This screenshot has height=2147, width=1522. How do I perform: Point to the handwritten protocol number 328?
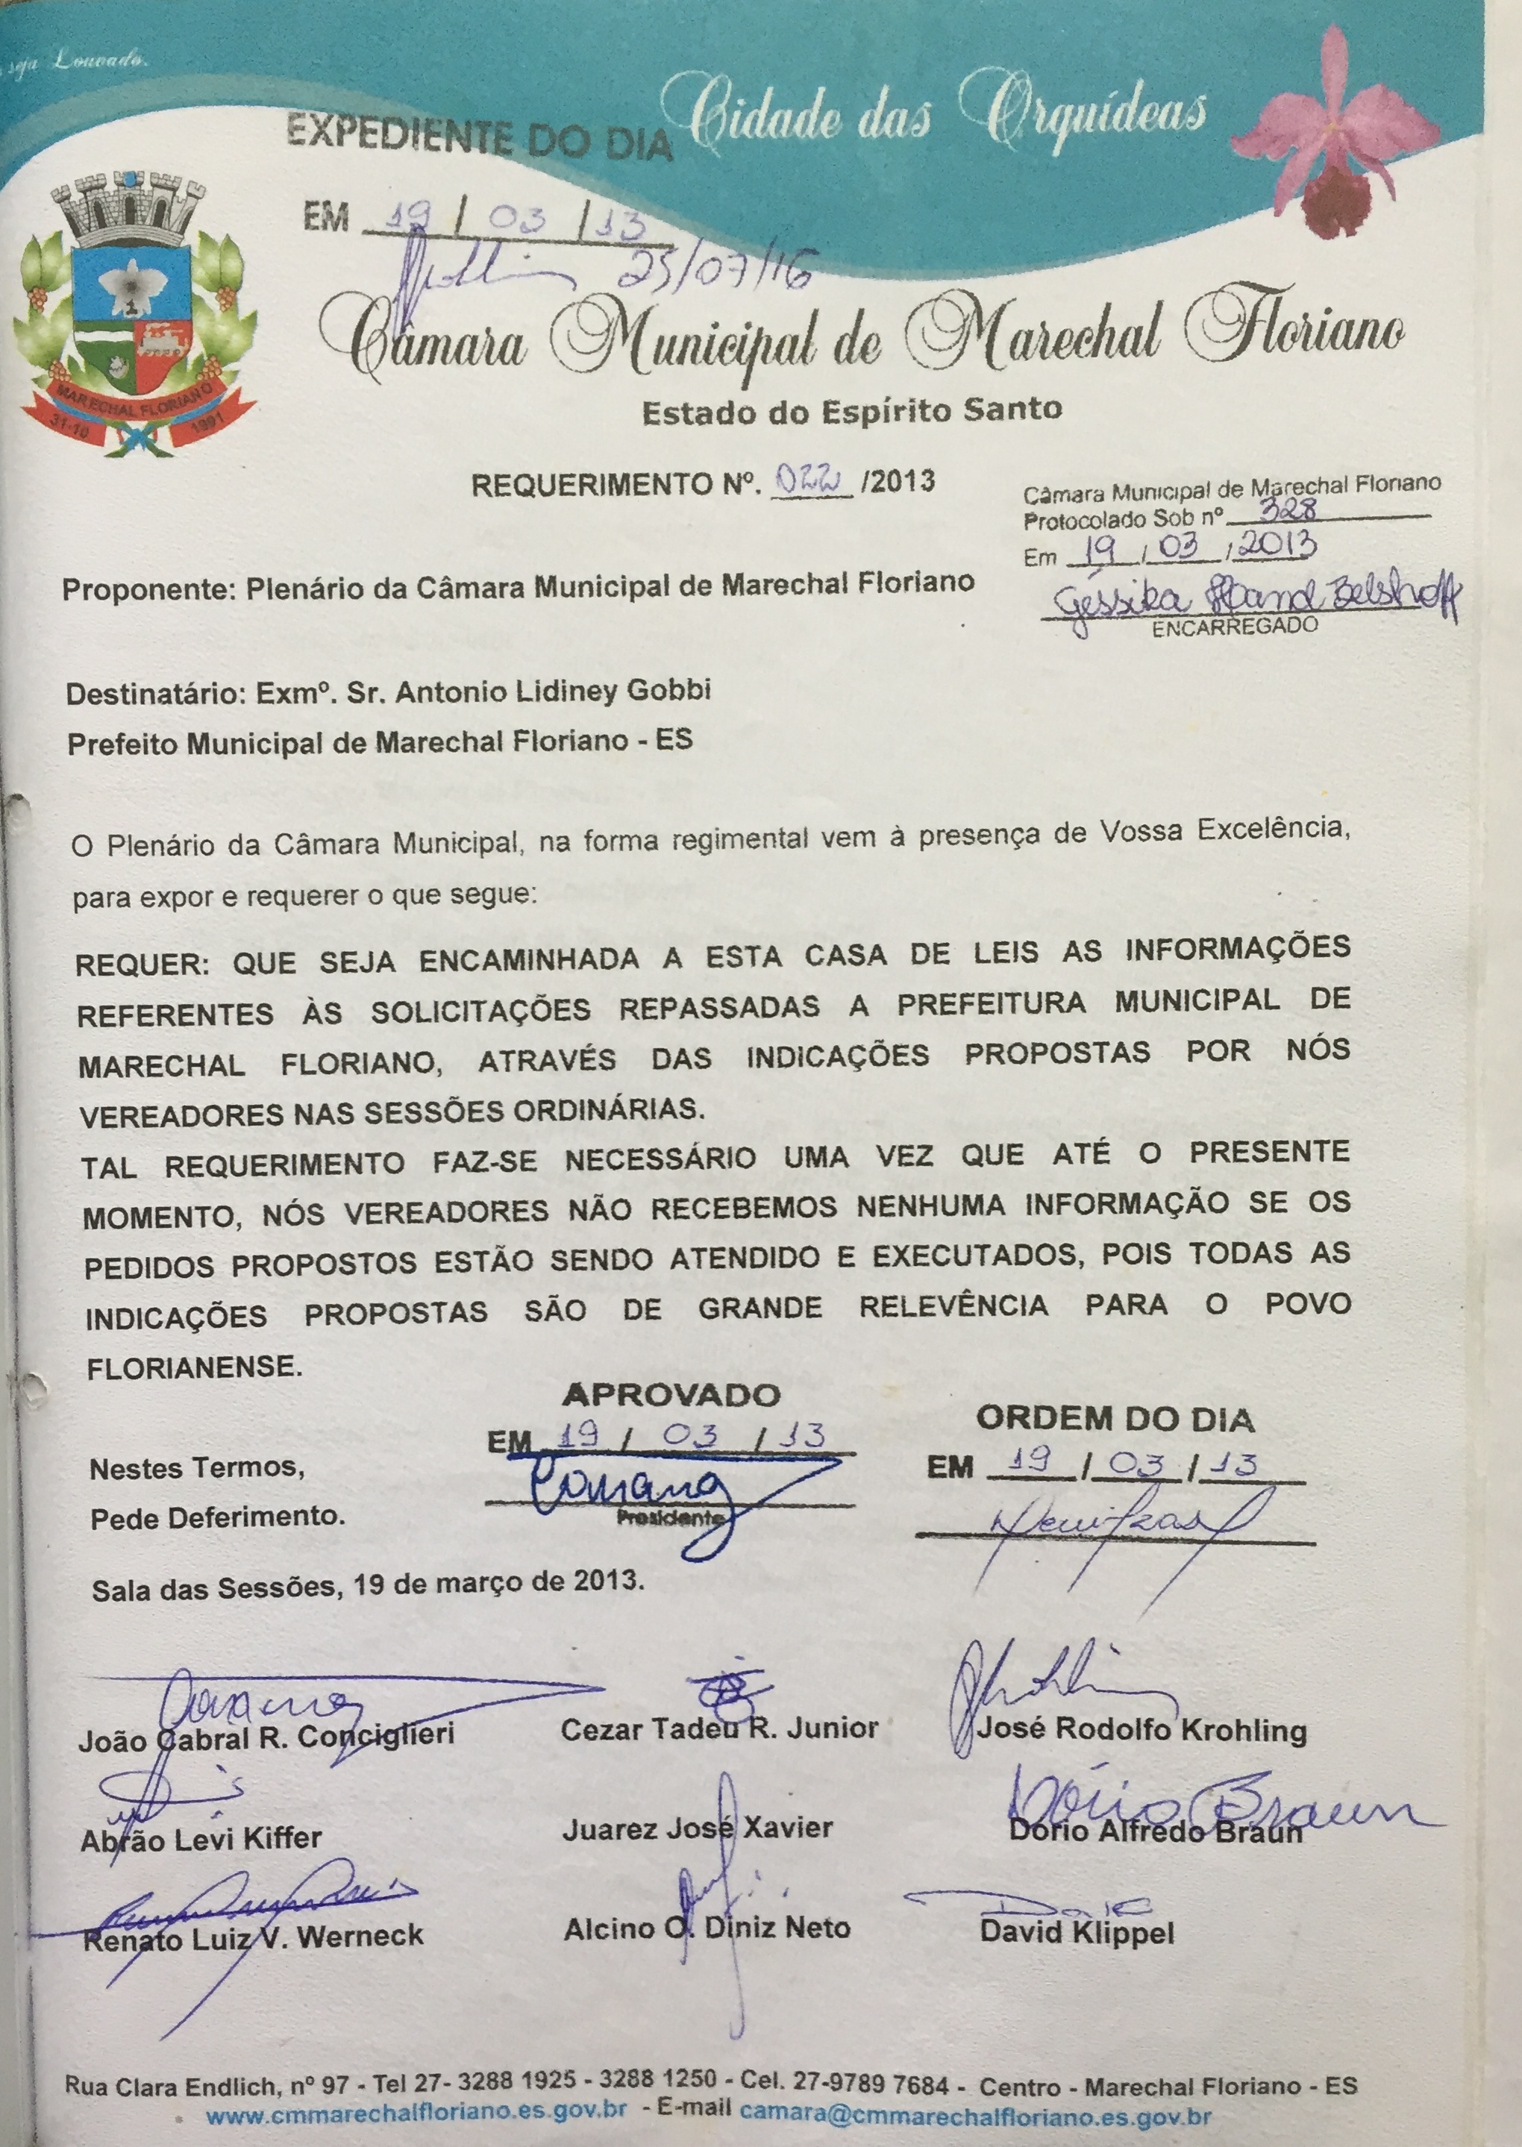[1288, 508]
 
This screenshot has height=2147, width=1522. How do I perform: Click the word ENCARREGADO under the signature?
[1234, 627]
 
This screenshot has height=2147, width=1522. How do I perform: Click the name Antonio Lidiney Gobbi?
[553, 692]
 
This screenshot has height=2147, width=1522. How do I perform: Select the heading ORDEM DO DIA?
[1115, 1419]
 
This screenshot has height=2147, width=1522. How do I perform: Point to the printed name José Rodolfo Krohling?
[1141, 1729]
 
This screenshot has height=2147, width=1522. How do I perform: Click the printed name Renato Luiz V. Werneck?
[253, 1936]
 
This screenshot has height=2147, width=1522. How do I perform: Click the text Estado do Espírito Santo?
[852, 410]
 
